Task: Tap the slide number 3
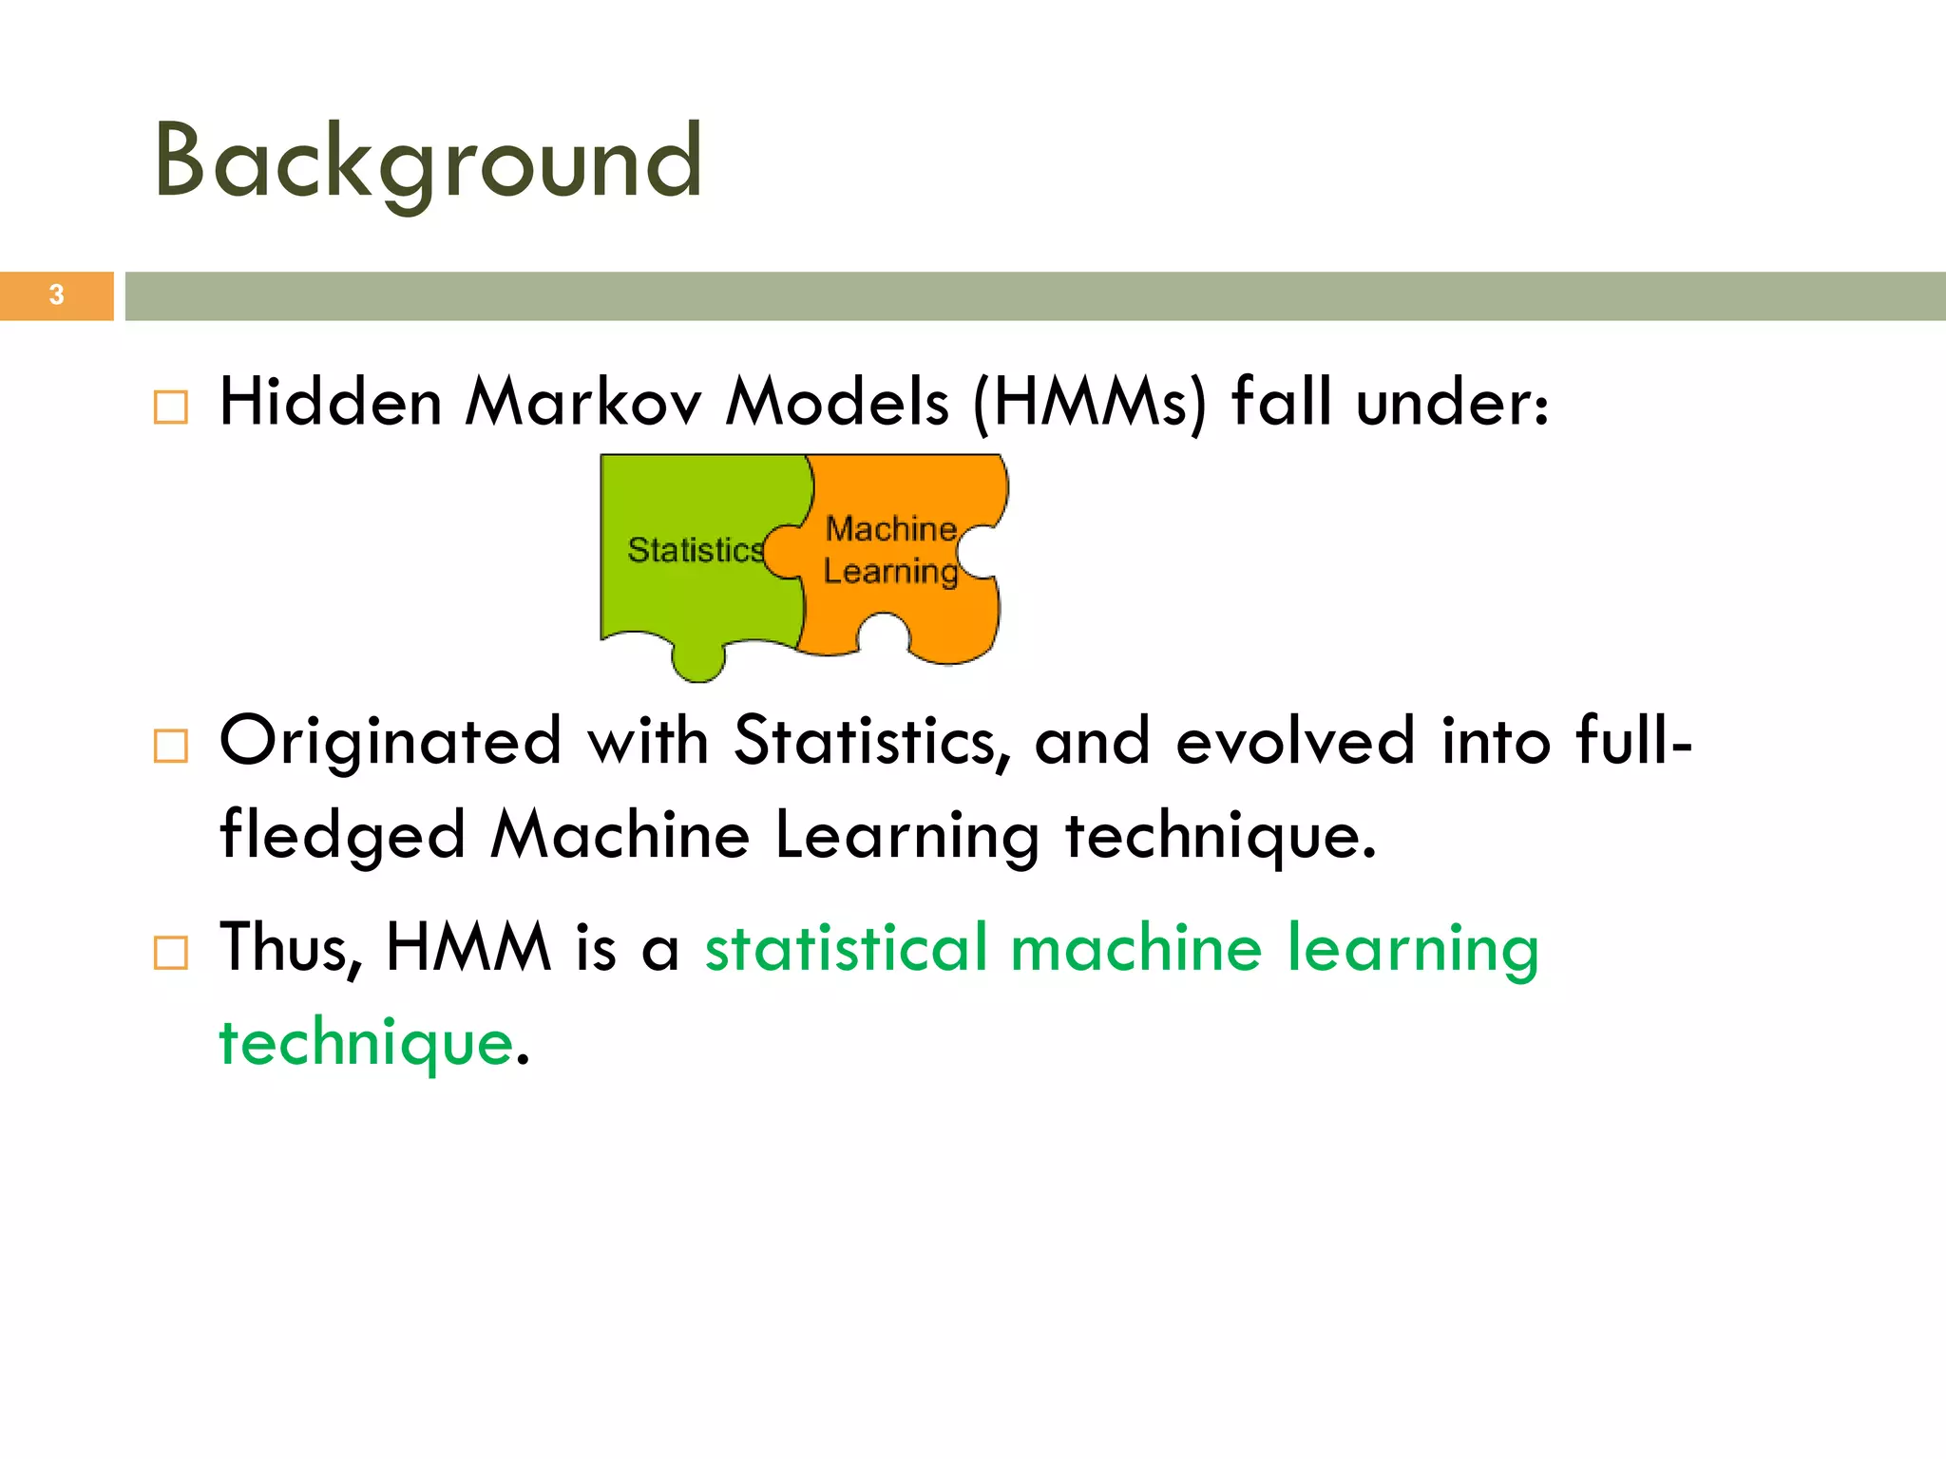(x=56, y=295)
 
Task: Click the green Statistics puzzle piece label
(x=695, y=550)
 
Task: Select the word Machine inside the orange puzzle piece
(x=890, y=528)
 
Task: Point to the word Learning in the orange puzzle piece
(x=890, y=572)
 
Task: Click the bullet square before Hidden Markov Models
(x=171, y=407)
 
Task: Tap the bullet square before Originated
(x=171, y=747)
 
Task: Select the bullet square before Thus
(x=171, y=952)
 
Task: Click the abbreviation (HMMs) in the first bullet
(x=1090, y=403)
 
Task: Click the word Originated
(x=391, y=742)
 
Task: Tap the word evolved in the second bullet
(x=1295, y=742)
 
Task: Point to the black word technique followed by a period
(x=1219, y=837)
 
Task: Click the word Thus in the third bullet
(x=290, y=948)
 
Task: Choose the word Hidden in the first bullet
(x=331, y=403)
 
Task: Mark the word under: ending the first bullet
(x=1452, y=403)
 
